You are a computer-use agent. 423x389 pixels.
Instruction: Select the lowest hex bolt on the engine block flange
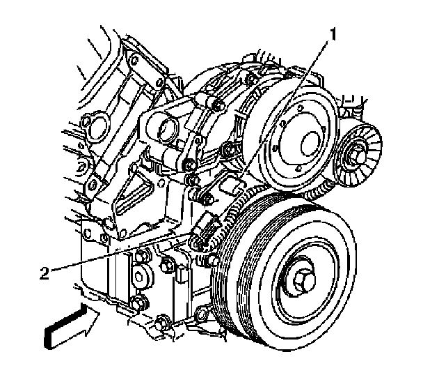(163, 323)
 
